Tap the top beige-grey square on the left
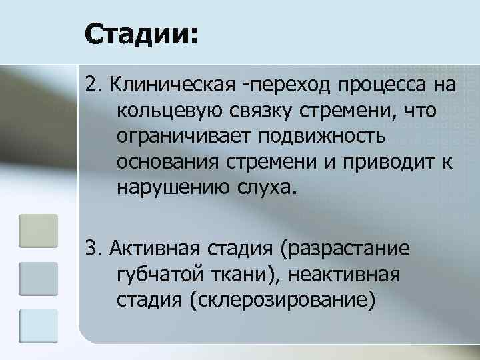tap(39, 231)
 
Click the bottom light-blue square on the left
tap(39, 325)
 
